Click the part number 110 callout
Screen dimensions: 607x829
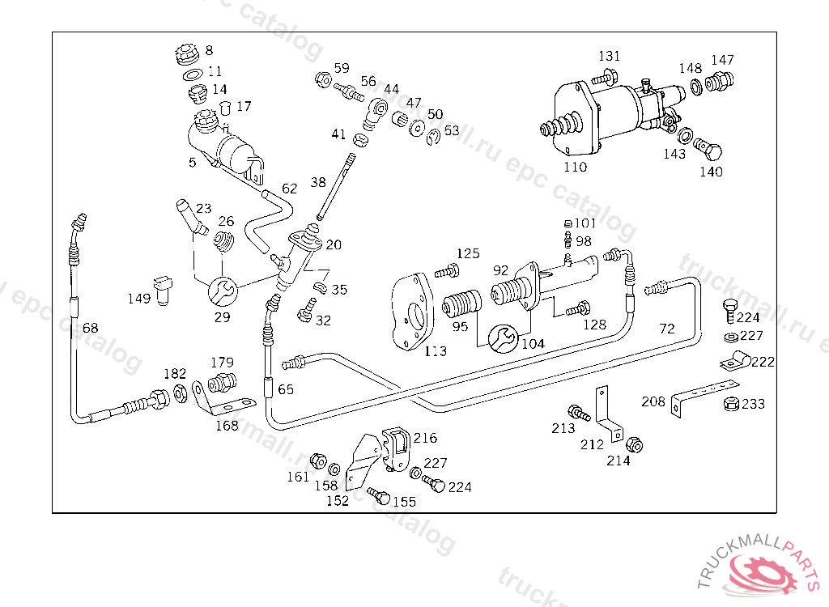click(x=575, y=167)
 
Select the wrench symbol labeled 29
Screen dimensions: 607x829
click(x=222, y=290)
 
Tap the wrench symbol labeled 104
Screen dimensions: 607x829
click(x=502, y=337)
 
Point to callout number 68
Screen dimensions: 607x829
click(x=90, y=328)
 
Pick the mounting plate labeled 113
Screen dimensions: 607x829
click(x=416, y=312)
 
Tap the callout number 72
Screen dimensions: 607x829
click(x=666, y=329)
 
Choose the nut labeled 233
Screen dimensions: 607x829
click(x=729, y=404)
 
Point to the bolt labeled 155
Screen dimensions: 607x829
click(x=378, y=494)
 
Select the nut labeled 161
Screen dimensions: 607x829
click(x=318, y=462)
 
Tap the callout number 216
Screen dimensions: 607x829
click(x=425, y=438)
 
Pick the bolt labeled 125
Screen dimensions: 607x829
click(x=444, y=271)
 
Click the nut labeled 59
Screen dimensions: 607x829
click(x=321, y=79)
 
